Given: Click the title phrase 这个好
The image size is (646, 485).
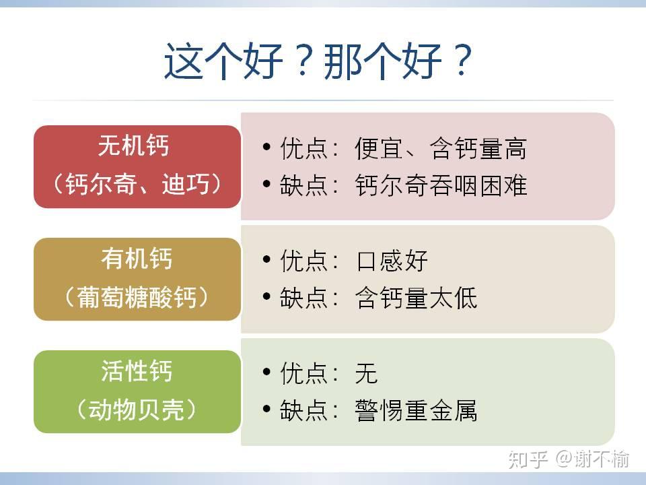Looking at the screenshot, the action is pos(223,61).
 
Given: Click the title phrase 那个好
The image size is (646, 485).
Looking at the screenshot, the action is pos(383,61).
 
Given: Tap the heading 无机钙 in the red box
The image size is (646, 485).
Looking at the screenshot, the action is pos(133,145).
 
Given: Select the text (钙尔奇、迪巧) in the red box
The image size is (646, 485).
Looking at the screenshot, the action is pos(137,183).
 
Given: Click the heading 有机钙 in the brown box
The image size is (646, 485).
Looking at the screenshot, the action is pos(137,258).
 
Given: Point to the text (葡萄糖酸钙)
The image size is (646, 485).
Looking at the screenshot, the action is pos(137,296).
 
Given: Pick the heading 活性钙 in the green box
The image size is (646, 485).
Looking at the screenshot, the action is pos(137,370).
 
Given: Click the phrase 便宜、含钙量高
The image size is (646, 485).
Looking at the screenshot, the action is pos(441,148).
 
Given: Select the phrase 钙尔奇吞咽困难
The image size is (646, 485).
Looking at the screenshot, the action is pos(441,185).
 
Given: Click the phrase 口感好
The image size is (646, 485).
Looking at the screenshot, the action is pos(392,261).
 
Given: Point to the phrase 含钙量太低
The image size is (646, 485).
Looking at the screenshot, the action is pos(416,298).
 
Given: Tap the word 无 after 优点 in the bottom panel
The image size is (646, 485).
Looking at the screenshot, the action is pos(366,373).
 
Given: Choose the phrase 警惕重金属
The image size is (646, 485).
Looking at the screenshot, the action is pos(416,410).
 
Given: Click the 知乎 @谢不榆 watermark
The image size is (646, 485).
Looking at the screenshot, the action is pos(569,459).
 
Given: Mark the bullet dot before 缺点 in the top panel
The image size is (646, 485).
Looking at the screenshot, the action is pos(266,183).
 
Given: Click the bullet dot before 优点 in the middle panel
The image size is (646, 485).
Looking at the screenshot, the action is pos(266,259).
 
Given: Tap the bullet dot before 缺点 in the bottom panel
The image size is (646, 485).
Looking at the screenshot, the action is pos(266,409).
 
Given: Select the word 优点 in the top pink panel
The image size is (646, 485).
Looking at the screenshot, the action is pos(304,148).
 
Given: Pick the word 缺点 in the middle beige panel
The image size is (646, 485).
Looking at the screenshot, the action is pos(304,298).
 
